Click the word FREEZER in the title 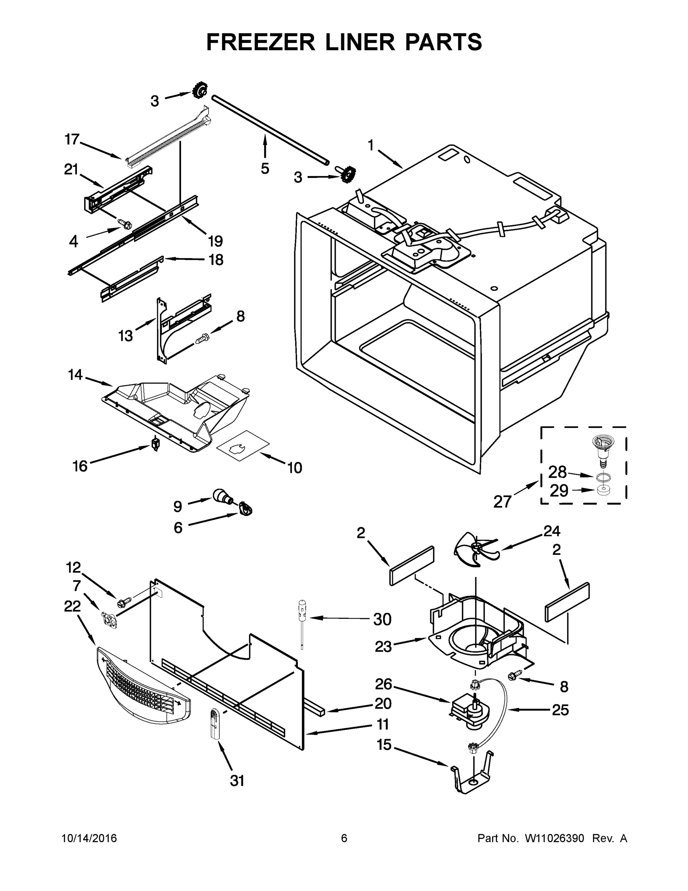260,42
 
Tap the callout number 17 72,140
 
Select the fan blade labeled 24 475,552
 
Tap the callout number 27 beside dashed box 502,502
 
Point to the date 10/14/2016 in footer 89,838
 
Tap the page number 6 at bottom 344,838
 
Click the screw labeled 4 124,223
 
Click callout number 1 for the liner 370,145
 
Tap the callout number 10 294,467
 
